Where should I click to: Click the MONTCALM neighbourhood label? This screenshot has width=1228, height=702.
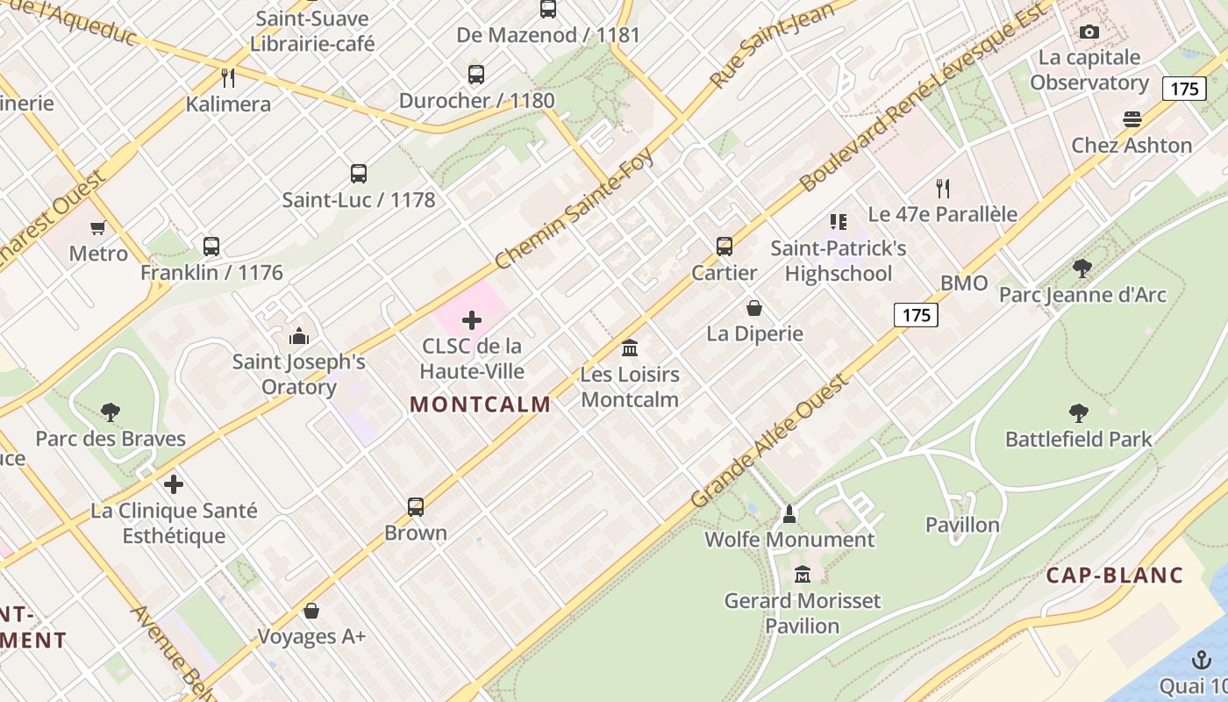[x=480, y=405]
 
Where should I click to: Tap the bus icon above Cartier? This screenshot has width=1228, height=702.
[x=725, y=247]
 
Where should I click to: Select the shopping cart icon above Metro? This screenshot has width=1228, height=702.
[x=98, y=228]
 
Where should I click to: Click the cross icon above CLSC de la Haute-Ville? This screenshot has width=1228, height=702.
[x=472, y=320]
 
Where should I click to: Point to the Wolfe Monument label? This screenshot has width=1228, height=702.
[x=789, y=540]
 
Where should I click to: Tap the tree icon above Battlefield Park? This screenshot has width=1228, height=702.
[x=1079, y=413]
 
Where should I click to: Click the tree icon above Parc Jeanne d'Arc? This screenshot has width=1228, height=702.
[x=1082, y=269]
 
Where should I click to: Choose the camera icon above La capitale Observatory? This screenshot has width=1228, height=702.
[x=1089, y=32]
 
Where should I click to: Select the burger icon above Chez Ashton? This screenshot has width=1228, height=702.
[x=1132, y=119]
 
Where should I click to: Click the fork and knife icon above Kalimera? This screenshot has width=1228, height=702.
[x=228, y=78]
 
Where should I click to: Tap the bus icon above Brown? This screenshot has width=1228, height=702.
[x=416, y=507]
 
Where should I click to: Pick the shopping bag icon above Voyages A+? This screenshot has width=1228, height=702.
[x=311, y=611]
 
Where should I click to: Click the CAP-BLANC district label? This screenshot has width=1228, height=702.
[x=1115, y=576]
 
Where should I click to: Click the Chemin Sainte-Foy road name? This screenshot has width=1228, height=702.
[x=574, y=209]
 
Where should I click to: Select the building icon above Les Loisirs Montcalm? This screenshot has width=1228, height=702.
[x=630, y=348]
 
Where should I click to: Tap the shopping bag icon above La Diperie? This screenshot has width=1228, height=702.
[x=754, y=308]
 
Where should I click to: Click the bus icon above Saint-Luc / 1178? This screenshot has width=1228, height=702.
[x=359, y=174]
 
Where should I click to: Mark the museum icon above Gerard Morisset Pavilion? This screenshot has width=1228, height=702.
[x=802, y=575]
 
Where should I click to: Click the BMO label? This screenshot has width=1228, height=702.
[x=964, y=283]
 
